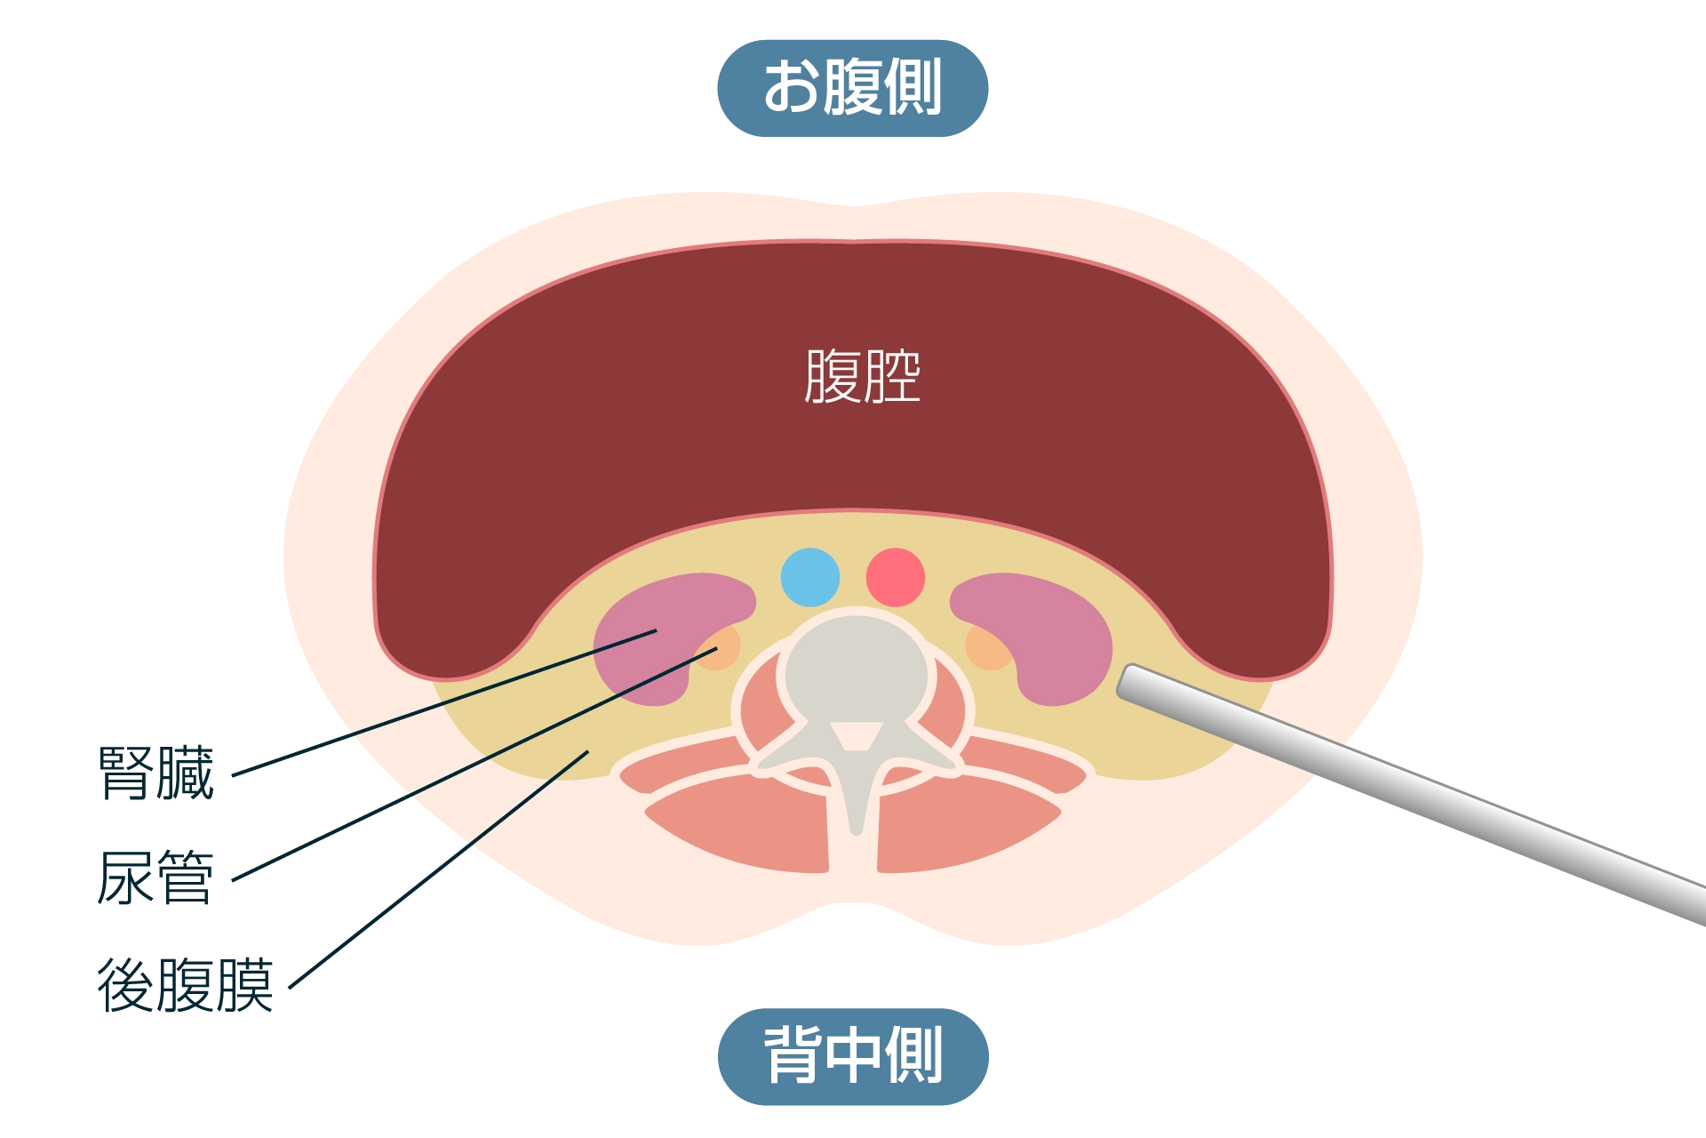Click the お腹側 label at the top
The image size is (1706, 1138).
(x=853, y=88)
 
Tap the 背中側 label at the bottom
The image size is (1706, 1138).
(x=853, y=1056)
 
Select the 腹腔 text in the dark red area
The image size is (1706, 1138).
(x=862, y=376)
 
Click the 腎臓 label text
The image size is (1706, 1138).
(x=156, y=773)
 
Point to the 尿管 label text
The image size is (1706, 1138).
(x=155, y=878)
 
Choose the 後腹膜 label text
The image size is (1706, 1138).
(x=185, y=985)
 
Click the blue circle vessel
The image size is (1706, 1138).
(x=810, y=578)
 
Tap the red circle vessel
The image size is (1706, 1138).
(x=896, y=578)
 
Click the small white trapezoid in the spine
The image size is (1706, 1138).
(x=856, y=736)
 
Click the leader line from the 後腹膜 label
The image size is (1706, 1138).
(x=439, y=870)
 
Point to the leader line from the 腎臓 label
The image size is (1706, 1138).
(x=444, y=702)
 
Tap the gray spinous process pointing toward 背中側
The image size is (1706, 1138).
(x=855, y=796)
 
